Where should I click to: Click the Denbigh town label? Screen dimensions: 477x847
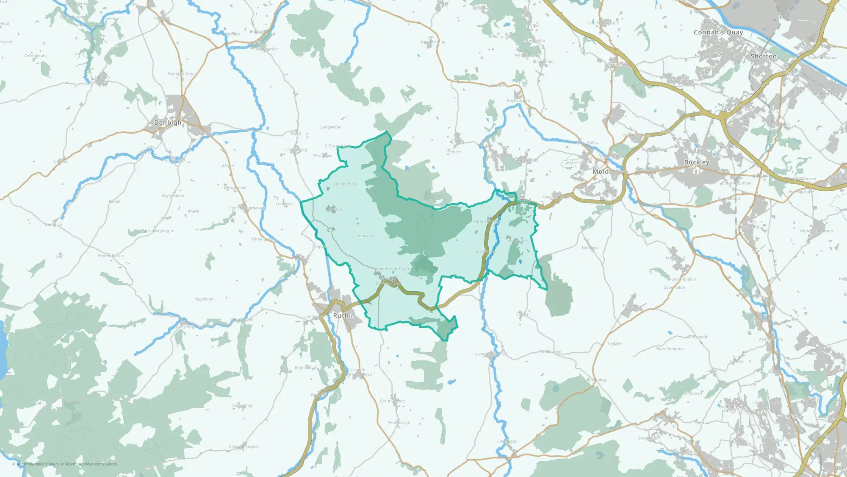(168, 123)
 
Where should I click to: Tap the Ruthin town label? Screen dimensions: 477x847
(344, 315)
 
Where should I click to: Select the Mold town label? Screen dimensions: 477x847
(601, 172)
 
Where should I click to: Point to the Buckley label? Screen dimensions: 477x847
(697, 162)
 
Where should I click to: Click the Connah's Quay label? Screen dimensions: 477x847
(718, 32)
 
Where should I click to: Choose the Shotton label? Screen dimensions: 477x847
(764, 56)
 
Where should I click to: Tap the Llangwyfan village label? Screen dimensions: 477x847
(330, 127)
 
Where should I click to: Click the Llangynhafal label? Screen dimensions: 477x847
(346, 184)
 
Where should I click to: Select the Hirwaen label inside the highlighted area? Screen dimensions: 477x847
(365, 236)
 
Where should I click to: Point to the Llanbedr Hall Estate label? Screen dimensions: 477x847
(391, 269)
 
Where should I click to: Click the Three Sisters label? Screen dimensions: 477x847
(264, 239)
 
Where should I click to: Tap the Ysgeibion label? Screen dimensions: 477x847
(204, 299)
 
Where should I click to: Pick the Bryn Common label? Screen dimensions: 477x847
(670, 349)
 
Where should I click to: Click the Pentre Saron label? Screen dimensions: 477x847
(111, 256)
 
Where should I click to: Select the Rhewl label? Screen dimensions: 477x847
(194, 211)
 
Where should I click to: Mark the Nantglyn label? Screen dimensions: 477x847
(53, 224)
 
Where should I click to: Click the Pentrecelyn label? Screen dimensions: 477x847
(399, 423)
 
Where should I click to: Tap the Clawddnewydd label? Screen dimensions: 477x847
(243, 446)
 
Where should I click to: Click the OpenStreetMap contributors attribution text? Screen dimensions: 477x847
(91, 464)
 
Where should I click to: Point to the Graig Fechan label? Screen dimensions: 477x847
(392, 401)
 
